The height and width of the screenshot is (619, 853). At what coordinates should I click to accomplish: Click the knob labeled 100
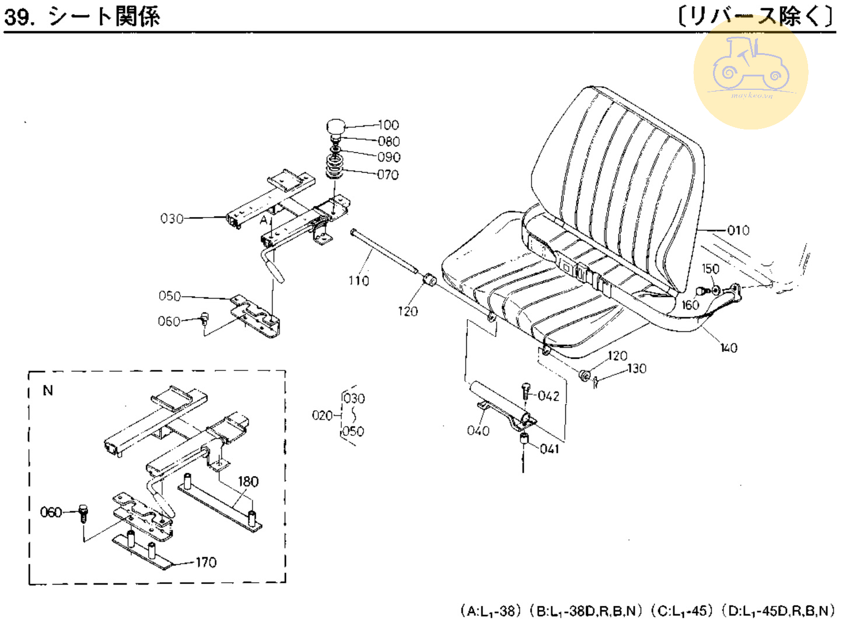335,127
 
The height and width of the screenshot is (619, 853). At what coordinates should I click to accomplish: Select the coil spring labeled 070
334,167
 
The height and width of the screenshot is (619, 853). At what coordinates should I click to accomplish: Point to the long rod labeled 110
383,251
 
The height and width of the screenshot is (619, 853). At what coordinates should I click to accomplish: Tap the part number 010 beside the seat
738,230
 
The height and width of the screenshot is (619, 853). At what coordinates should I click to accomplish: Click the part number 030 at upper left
172,219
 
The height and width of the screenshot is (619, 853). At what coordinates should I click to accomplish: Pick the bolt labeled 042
526,390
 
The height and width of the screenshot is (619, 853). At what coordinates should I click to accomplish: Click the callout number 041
549,449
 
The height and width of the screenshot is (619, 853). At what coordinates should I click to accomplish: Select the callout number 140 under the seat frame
729,348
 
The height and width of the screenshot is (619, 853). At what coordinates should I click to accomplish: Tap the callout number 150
710,269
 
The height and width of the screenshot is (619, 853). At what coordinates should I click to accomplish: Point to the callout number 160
690,305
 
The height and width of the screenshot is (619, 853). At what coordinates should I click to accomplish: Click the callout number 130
637,369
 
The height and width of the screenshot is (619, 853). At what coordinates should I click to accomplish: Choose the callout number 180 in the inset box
248,481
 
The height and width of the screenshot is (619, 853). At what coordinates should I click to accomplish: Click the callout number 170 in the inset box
206,562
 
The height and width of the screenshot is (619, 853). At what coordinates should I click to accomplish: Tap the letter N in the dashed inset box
48,390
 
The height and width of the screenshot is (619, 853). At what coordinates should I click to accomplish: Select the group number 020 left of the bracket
322,415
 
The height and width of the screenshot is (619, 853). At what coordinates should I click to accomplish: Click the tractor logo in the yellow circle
750,64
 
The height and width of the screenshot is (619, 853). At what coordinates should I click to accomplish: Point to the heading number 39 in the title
18,16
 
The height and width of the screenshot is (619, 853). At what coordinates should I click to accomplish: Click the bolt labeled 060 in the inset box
83,512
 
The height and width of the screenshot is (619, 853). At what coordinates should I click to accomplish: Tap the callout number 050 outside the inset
169,296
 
